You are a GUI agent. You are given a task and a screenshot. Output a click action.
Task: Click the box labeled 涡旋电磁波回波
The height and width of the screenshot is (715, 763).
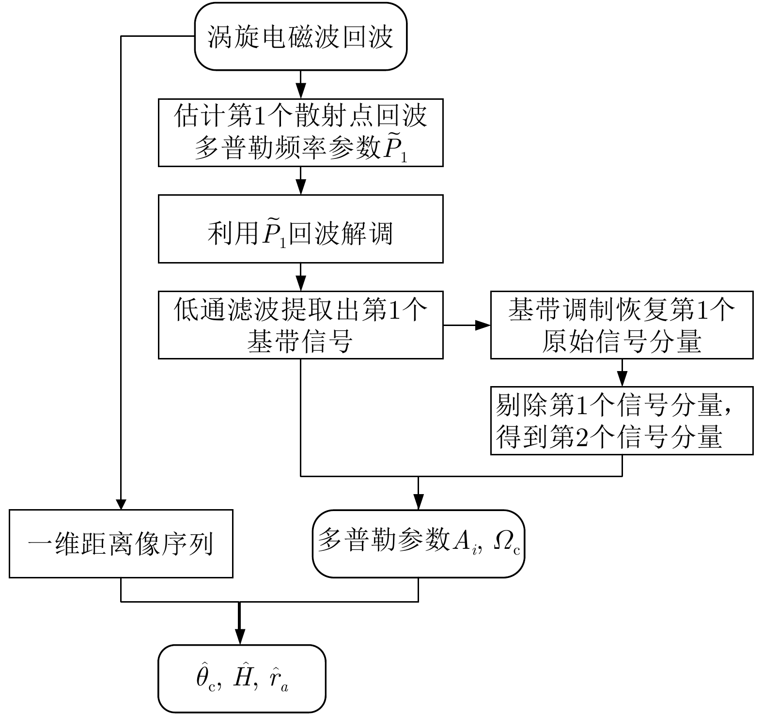[300, 37]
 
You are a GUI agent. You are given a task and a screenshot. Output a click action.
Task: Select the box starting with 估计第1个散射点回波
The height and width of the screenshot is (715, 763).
[300, 133]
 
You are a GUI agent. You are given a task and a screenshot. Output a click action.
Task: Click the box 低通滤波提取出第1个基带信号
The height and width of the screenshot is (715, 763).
[300, 325]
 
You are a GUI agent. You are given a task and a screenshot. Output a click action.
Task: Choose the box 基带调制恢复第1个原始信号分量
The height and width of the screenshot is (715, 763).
[622, 325]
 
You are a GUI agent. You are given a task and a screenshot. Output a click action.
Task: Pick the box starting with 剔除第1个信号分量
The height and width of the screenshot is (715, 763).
[622, 420]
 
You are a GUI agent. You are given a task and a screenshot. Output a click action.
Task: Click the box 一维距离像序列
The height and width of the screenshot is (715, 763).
[121, 544]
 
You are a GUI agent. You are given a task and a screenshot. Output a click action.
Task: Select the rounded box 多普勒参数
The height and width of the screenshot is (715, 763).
[418, 544]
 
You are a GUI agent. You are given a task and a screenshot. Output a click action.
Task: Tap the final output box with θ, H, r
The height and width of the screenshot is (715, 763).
[242, 679]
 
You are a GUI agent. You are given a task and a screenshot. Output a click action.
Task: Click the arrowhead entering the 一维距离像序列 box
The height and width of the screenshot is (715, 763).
[121, 503]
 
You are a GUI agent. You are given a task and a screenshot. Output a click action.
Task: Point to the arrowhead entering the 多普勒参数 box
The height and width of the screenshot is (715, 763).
[418, 503]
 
